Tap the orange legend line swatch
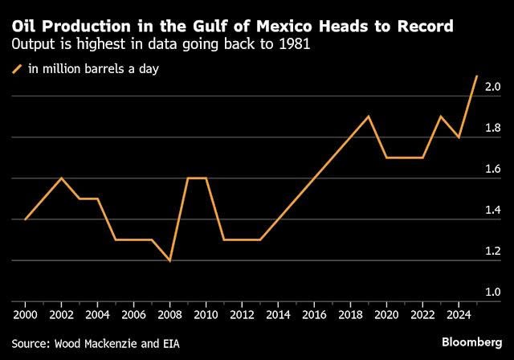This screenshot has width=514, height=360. click(18, 69)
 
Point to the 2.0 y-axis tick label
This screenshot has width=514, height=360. click(492, 87)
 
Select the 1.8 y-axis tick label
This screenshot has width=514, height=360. click(492, 128)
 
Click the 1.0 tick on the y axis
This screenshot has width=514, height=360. click(492, 292)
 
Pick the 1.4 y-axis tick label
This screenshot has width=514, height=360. click(492, 210)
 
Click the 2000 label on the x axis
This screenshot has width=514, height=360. click(26, 315)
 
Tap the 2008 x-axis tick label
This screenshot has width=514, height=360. click(169, 315)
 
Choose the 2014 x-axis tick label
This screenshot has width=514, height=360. click(278, 315)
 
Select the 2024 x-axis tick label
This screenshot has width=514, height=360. click(459, 315)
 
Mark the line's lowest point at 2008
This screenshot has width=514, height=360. click(169, 260)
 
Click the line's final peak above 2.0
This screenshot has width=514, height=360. click(476, 76)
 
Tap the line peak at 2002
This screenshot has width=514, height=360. click(62, 178)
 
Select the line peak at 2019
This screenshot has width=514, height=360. click(369, 117)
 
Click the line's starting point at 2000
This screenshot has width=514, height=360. click(26, 219)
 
